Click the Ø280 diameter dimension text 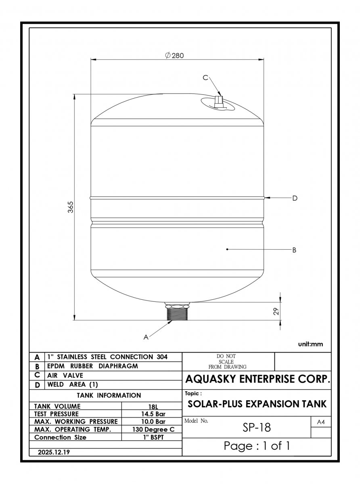coord(174,55)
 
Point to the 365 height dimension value coord(71,207)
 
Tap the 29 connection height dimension coord(276,311)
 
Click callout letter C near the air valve coord(205,77)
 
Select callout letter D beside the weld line coord(295,198)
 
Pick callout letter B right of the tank coord(294,250)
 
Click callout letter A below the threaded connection coord(146,337)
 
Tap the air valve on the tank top coord(218,102)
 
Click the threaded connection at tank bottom coord(178,311)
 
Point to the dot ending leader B coord(227,249)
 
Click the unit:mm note coord(310,344)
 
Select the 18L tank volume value coord(153,407)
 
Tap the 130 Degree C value coord(153,430)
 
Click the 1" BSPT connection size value coord(153,437)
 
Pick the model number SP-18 coord(257,428)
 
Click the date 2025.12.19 coord(54,452)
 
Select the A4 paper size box coord(321,422)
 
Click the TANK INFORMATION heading coord(109,395)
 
